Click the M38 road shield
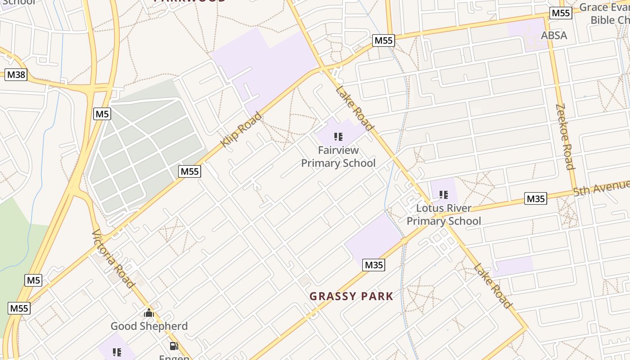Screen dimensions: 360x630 pos(16,74)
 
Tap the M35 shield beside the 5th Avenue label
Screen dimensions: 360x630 pos(535,198)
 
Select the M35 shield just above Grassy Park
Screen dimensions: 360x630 pos(373,265)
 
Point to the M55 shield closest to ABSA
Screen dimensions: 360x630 pos(561,13)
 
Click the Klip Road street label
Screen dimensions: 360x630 pos(241,130)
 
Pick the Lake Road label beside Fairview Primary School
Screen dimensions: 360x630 pos(355,108)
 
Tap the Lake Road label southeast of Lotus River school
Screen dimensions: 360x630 pos(493,286)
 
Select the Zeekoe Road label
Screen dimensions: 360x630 pos(565,137)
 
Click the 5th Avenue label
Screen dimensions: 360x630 pos(601,187)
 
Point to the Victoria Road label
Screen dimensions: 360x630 pos(113,258)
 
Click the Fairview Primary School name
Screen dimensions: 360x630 pos(338,156)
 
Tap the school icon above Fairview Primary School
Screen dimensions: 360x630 pos(338,137)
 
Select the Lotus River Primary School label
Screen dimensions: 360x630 pos(444,215)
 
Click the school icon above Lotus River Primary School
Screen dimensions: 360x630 pos(444,195)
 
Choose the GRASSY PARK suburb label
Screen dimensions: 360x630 pos(351,296)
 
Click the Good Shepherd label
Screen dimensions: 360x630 pos(149,326)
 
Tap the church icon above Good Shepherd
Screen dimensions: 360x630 pos(149,313)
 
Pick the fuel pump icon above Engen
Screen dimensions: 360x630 pos(174,346)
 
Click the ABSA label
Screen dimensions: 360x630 pos(554,36)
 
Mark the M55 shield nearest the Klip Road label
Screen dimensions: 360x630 pos(189,171)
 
